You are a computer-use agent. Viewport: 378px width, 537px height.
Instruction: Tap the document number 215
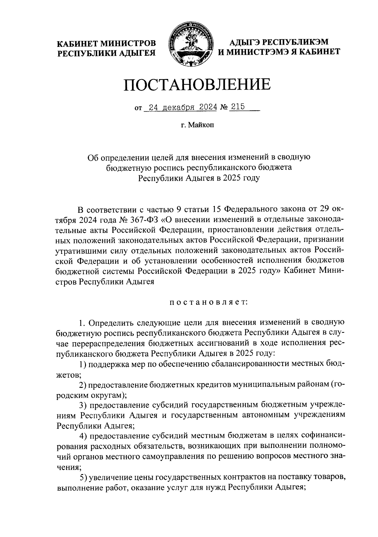tap(238, 107)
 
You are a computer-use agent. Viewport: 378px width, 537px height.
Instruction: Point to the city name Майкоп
tap(201, 126)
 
